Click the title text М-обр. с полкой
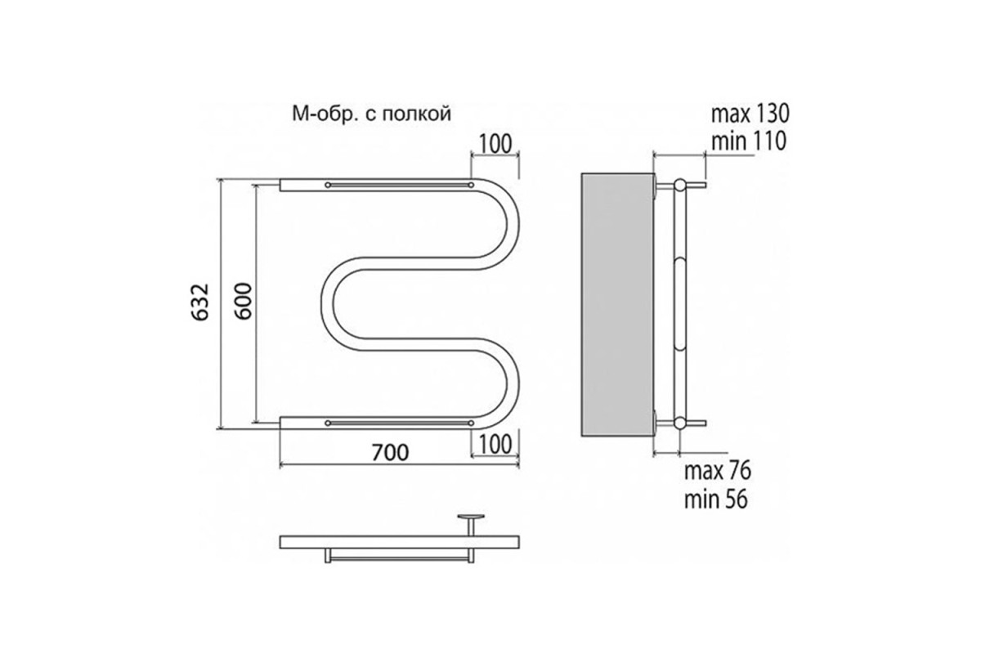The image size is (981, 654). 371,114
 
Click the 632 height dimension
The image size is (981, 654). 201,302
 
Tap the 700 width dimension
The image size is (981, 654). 390,453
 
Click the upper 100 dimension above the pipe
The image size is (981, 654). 495,144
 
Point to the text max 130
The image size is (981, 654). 750,114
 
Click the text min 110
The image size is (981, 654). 749,141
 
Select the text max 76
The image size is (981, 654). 718,471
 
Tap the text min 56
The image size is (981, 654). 715,499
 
